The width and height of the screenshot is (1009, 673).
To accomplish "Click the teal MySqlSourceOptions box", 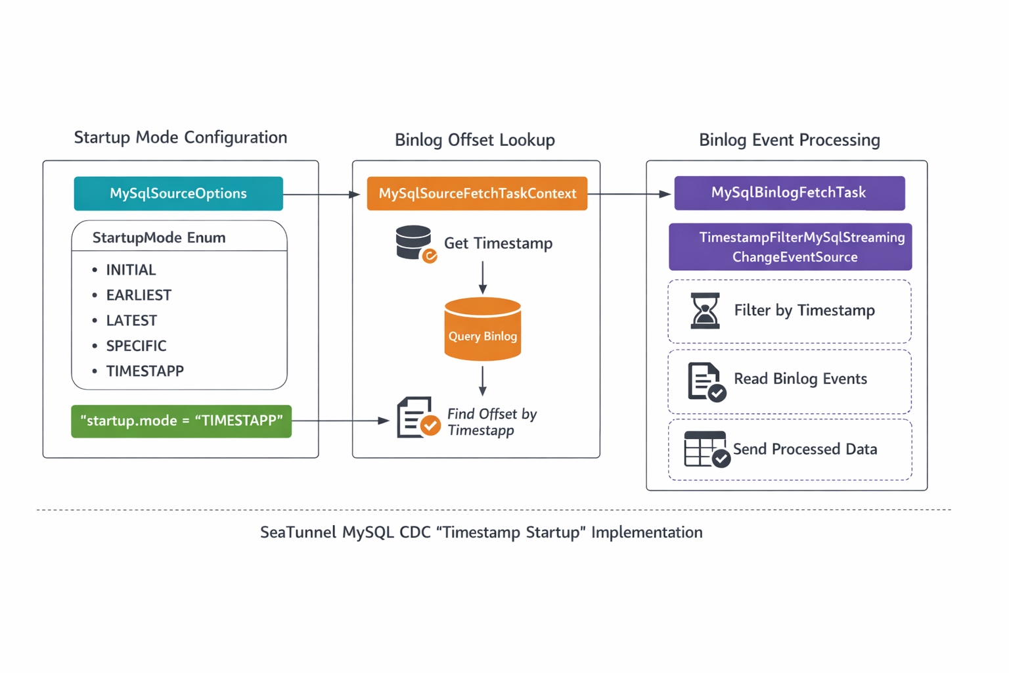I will click(x=178, y=193).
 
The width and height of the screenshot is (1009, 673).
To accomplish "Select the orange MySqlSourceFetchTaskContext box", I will click(x=477, y=193).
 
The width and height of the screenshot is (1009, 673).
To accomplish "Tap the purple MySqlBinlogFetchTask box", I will click(x=789, y=193).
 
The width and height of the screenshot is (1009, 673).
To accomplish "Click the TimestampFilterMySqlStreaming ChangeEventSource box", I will click(x=790, y=247).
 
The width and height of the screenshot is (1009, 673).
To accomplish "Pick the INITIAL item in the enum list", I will click(x=131, y=270).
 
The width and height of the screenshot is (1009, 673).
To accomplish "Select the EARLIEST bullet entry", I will click(x=139, y=295).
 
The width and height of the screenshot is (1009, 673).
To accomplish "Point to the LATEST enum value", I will click(x=131, y=321).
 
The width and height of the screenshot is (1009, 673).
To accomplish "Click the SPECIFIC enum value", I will click(x=136, y=346).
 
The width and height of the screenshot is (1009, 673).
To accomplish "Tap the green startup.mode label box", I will click(x=181, y=421).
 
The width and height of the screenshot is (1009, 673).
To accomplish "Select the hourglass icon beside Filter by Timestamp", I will click(x=705, y=311).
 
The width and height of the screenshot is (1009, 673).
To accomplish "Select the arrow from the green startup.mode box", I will click(x=342, y=421).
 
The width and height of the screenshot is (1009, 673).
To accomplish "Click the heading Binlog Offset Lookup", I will click(x=474, y=140).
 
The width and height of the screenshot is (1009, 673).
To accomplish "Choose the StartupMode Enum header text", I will click(x=159, y=238).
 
